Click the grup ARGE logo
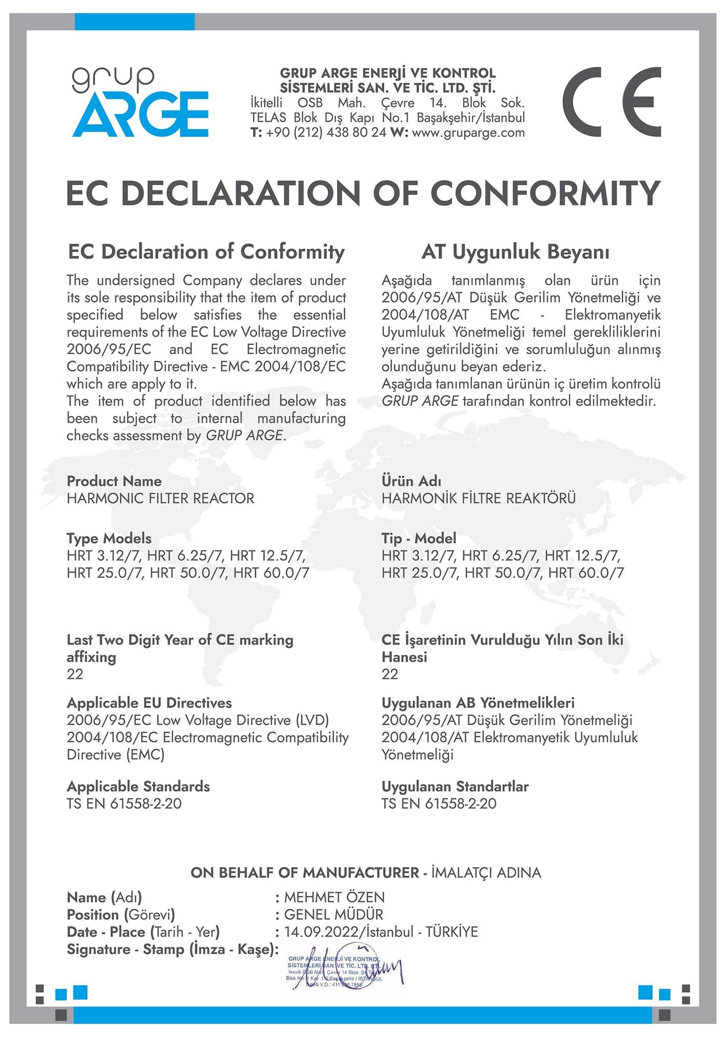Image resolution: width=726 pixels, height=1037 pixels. point(140,102)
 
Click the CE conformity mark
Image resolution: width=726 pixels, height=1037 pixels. point(611,102)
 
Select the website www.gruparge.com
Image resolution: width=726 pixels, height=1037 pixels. point(468,133)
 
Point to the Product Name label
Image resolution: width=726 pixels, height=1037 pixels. point(114,481)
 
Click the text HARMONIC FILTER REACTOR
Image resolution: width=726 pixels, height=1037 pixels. point(160,498)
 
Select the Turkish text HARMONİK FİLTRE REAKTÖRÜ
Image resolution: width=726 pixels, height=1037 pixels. point(478,498)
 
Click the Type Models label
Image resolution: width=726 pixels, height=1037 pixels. point(109,538)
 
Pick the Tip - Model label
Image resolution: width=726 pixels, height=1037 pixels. point(418,538)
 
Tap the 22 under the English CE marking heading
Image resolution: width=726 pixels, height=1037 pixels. point(75,674)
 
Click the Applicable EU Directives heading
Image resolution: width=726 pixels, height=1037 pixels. point(149,703)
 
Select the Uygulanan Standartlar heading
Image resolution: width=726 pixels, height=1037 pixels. point(455,787)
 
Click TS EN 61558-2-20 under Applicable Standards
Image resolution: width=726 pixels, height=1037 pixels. point(124,804)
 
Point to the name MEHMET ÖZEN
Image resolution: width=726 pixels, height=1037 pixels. point(334,898)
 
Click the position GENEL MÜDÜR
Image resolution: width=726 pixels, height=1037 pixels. point(333,915)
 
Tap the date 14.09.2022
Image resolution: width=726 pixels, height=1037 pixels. point(321,932)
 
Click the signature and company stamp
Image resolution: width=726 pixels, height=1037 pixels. point(342,971)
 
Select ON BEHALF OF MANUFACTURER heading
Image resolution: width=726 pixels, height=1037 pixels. point(304,873)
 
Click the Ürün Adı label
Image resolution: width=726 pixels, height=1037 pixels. point(411,481)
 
